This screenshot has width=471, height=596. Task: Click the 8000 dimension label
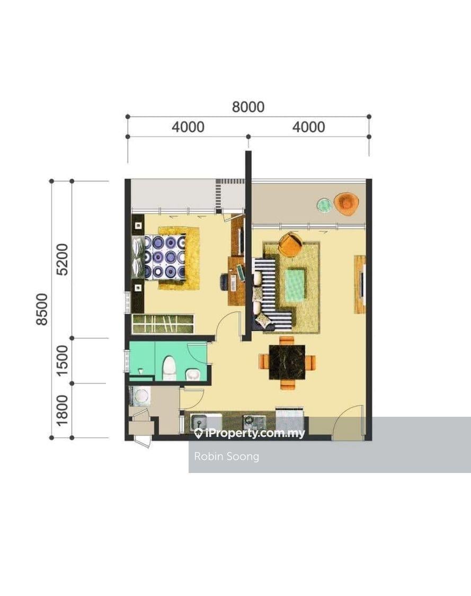click(x=248, y=107)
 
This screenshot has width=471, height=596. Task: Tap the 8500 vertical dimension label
click(x=42, y=309)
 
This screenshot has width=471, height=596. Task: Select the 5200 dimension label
click(x=62, y=259)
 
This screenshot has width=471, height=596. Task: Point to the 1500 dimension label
click(x=62, y=361)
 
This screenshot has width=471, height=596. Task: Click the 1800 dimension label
click(x=62, y=410)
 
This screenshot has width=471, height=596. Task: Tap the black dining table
click(x=287, y=362)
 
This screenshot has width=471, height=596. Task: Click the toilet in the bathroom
click(x=169, y=368)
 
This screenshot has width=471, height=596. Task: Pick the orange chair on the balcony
click(x=346, y=203)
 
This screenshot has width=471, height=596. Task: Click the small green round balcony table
click(x=324, y=204)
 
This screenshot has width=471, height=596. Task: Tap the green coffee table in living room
click(x=296, y=284)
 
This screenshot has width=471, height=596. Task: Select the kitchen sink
click(x=200, y=422)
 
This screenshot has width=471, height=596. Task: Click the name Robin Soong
click(x=226, y=456)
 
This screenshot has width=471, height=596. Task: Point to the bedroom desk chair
click(x=224, y=282)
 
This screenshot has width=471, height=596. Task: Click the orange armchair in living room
click(x=290, y=243)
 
